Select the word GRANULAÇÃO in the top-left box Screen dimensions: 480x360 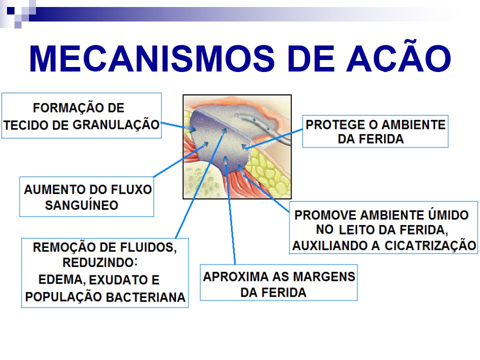pos(116,125)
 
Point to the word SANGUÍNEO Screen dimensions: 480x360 pos(81,205)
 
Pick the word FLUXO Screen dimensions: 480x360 pos(131,189)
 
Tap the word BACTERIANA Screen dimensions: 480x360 pos(145,297)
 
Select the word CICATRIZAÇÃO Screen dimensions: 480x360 pos(430,245)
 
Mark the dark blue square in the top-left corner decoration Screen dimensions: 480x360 pos(10,10)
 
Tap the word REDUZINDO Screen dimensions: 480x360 pos(100,262)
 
